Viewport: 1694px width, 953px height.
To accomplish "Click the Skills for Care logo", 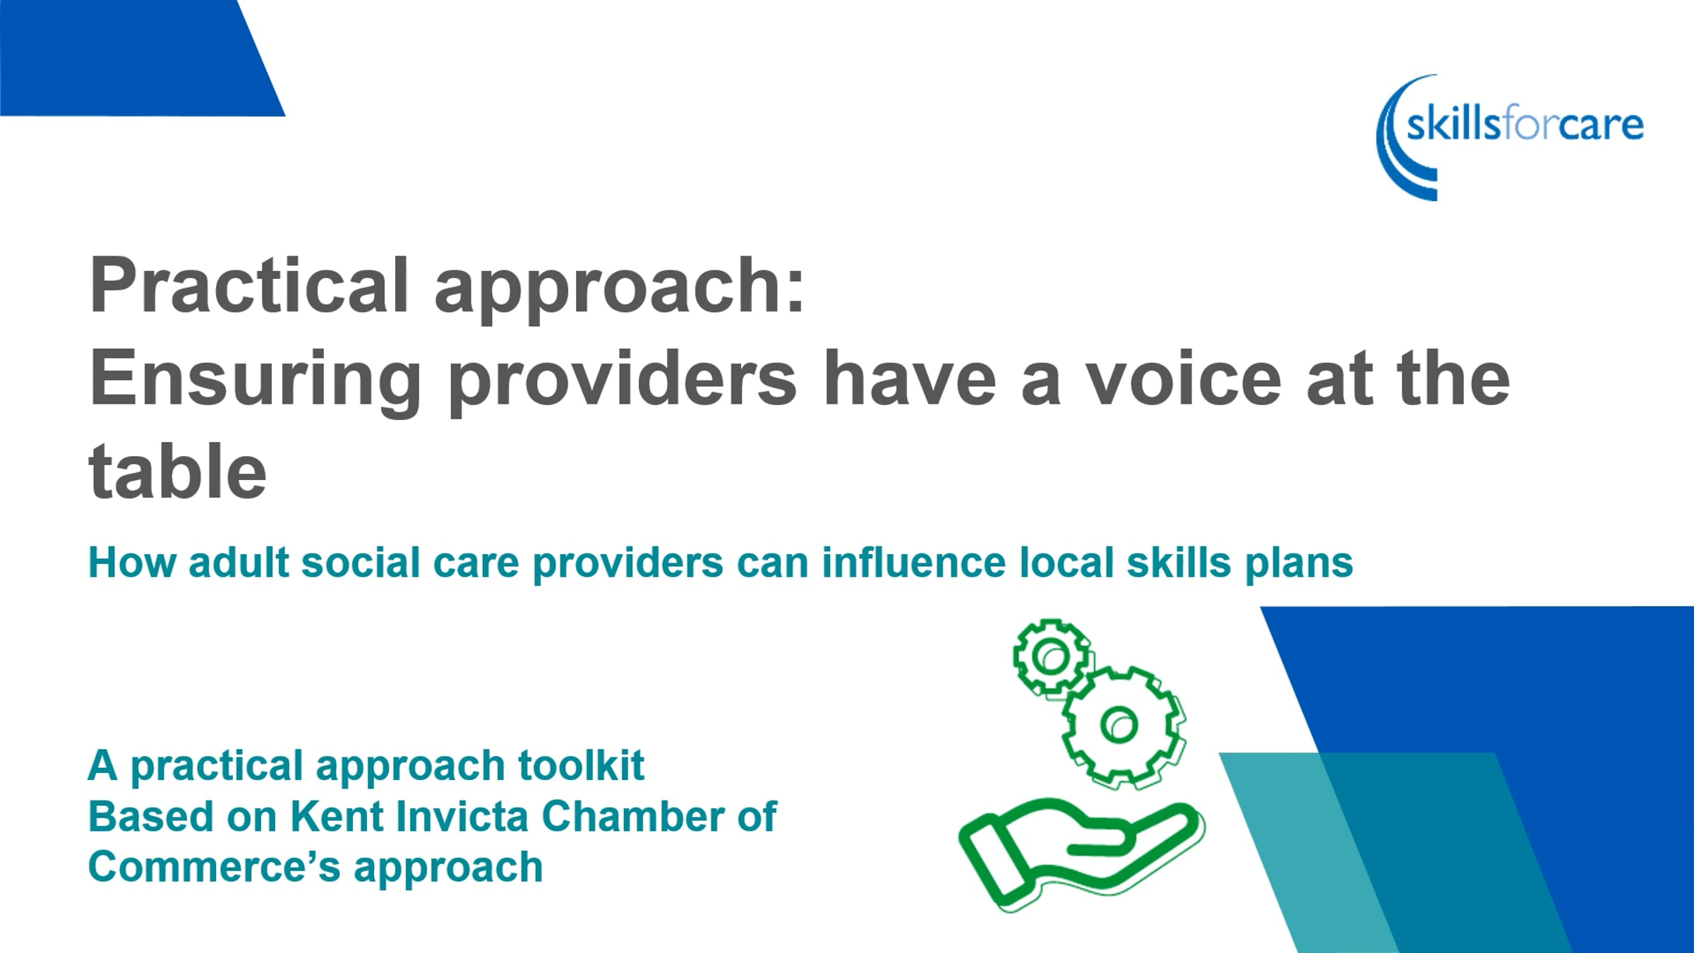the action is tap(1510, 137).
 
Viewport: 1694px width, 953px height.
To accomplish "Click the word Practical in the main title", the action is tap(249, 286).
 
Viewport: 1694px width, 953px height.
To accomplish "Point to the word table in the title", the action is tap(177, 472).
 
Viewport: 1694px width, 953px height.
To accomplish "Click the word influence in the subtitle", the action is tap(913, 563).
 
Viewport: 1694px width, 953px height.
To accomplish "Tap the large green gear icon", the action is tap(1123, 726).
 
